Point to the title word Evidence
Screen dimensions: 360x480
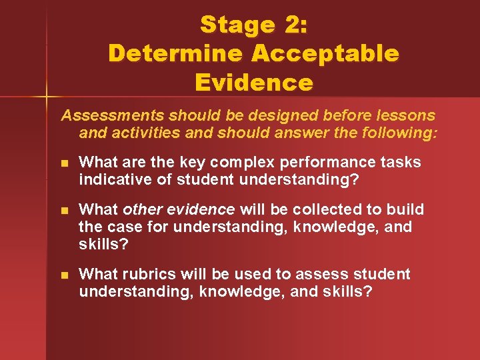(x=253, y=82)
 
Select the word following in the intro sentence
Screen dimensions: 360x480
(x=396, y=133)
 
